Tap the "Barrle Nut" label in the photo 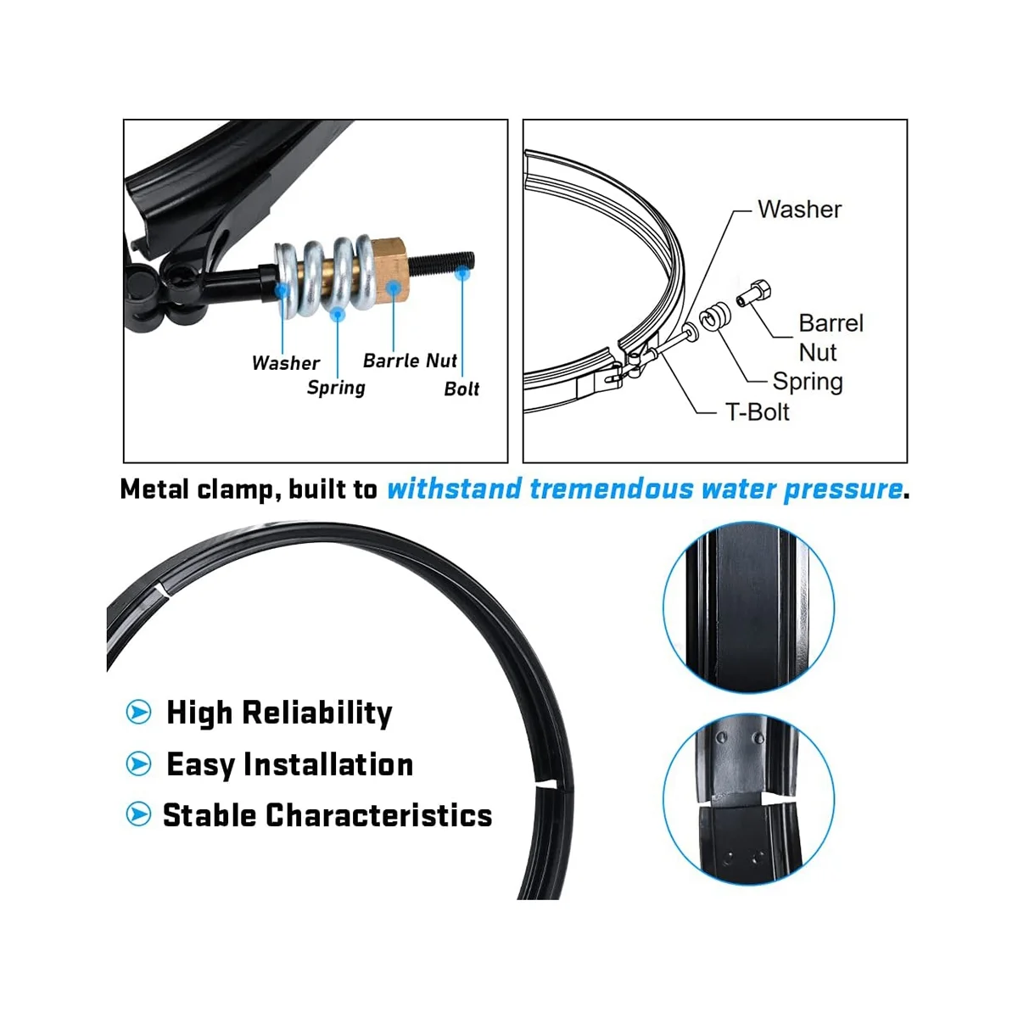coord(410,361)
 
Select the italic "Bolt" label coord(461,389)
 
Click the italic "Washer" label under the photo coord(286,363)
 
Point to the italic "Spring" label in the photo coord(336,388)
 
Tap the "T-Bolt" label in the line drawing coord(757,412)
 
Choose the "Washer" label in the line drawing coord(799,210)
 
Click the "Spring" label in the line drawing coord(807,382)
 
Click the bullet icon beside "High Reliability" coord(138,712)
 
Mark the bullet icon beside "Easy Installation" coord(138,763)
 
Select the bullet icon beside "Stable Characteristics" coord(138,814)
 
